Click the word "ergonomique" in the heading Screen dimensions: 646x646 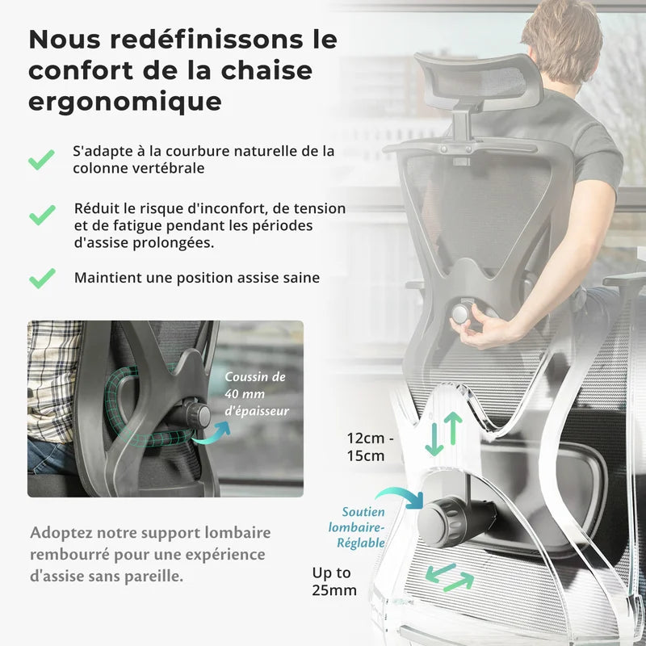pyautogui.click(x=125, y=102)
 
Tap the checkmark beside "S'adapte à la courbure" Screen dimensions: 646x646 pyautogui.click(x=42, y=159)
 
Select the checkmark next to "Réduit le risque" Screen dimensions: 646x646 pyautogui.click(x=42, y=215)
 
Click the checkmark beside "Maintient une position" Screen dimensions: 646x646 pyautogui.click(x=42, y=278)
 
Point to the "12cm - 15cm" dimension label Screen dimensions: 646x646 pyautogui.click(x=370, y=447)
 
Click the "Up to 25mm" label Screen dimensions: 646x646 pyautogui.click(x=334, y=581)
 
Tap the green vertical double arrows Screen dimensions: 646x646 pyautogui.click(x=443, y=433)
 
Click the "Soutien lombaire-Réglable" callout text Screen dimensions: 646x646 pyautogui.click(x=363, y=527)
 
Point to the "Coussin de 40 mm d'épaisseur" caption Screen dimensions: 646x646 pyautogui.click(x=256, y=394)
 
